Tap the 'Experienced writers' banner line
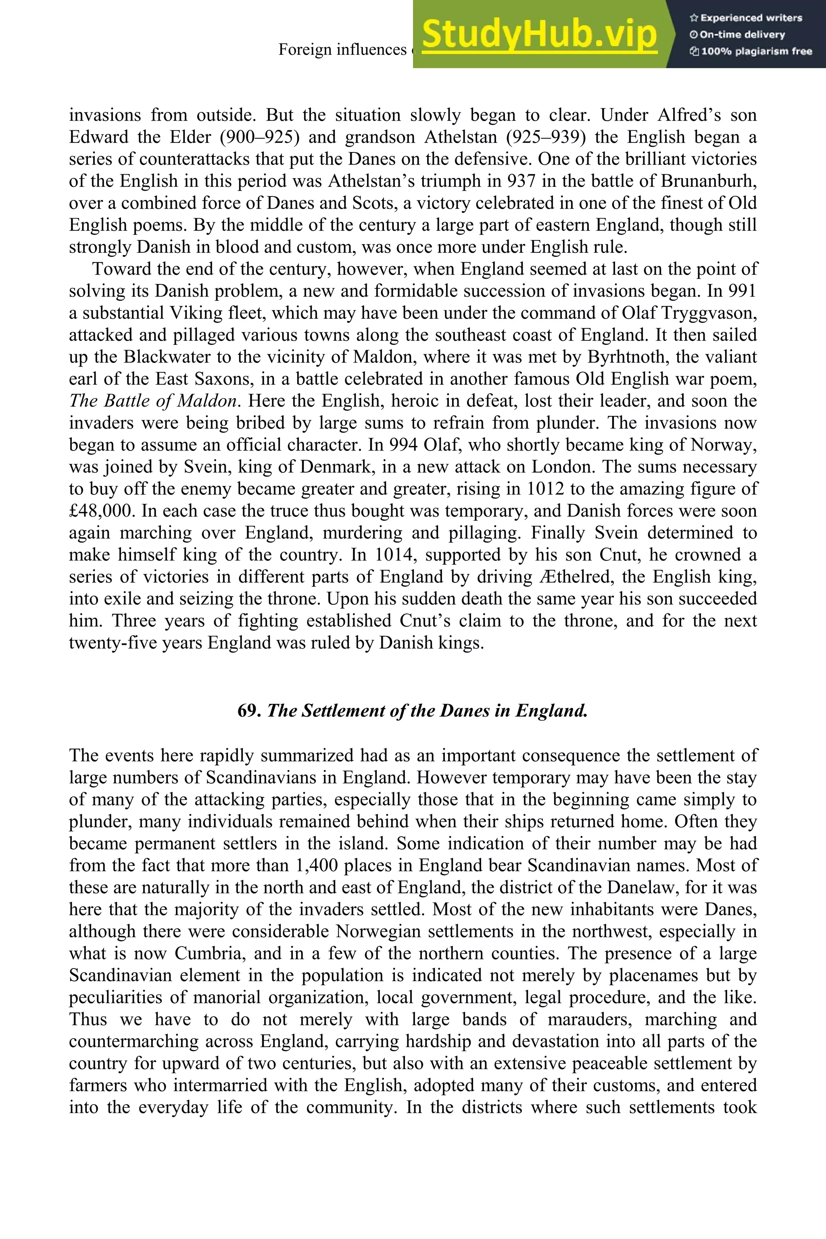tap(745, 18)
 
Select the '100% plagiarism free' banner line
tap(751, 52)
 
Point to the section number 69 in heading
tap(248, 711)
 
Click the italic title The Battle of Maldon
tap(153, 401)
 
